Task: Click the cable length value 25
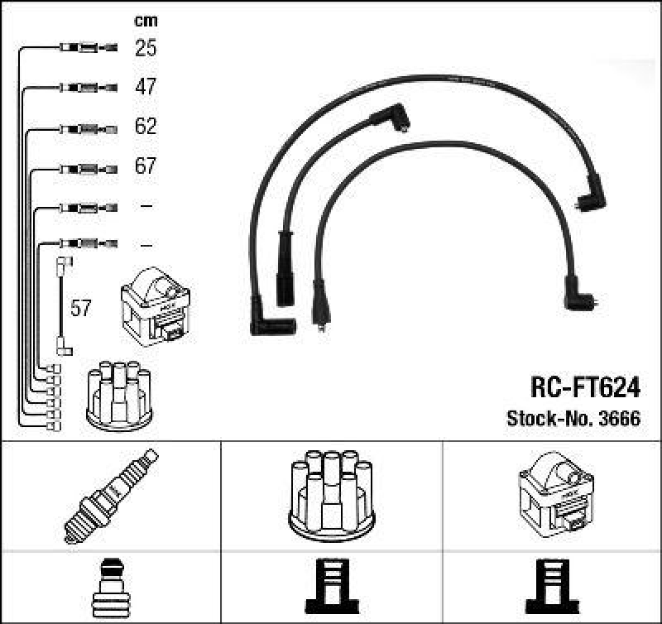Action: [146, 48]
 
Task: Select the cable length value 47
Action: [146, 87]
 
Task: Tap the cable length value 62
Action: [146, 127]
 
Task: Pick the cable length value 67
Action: [146, 166]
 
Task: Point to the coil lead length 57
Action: [80, 309]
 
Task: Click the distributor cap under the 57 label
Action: [120, 395]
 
